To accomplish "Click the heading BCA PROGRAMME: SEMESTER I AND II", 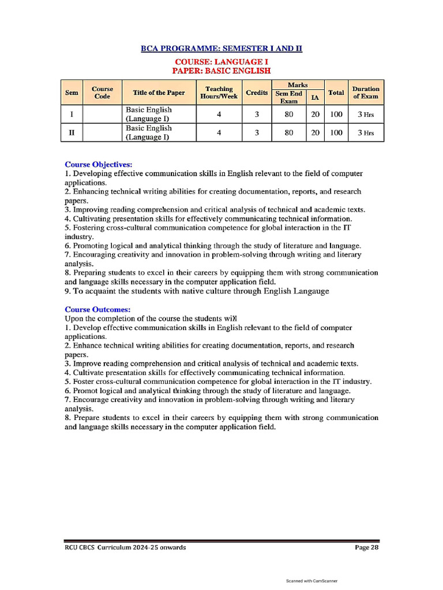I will click(221, 48).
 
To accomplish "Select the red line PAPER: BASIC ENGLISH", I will click(221, 70).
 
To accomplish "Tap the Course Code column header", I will click(102, 93).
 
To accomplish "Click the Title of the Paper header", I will click(159, 93).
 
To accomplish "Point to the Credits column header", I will click(257, 93).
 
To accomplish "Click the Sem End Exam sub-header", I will click(288, 97).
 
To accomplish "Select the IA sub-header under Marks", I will click(314, 97).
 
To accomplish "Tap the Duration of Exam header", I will click(366, 93).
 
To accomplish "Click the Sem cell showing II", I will click(72, 133).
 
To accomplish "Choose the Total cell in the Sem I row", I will click(336, 114).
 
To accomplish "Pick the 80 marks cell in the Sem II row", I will click(289, 133).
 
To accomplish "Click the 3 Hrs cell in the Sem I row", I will click(366, 114).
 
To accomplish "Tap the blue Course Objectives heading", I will click(98, 164).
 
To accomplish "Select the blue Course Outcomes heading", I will click(97, 309).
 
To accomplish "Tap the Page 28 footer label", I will click(366, 547).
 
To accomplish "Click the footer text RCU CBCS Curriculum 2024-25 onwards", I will click(125, 547).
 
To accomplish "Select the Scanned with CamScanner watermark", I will click(312, 581).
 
